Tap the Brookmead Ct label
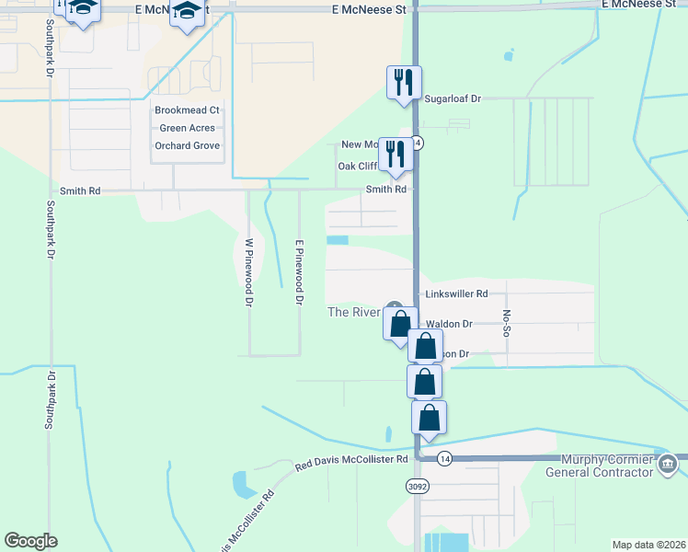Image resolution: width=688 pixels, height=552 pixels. pos(188,110)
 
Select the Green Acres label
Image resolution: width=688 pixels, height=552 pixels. pos(188,128)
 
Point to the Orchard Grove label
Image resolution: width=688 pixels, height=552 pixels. pos(188,145)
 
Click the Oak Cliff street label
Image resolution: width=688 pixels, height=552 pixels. pos(357,167)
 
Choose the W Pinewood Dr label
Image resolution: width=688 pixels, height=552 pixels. pos(248,272)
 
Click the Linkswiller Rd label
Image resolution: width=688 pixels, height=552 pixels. pos(456,294)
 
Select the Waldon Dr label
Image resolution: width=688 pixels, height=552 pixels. pos(449,324)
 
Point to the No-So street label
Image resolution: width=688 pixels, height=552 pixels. pos(506,324)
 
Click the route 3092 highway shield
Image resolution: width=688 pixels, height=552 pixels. pos(417,485)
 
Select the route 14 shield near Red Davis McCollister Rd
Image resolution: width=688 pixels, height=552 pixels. pos(445,458)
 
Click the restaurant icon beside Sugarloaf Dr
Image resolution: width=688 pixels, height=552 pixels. pos(404,83)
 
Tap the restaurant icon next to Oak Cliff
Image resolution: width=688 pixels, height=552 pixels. pos(396,155)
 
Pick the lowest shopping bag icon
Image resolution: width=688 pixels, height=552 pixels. pos(429,419)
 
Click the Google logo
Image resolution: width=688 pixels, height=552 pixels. pos(30,541)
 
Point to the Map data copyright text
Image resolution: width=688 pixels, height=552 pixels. pos(649,545)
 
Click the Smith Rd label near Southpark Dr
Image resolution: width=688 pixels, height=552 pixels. pos(79,190)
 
